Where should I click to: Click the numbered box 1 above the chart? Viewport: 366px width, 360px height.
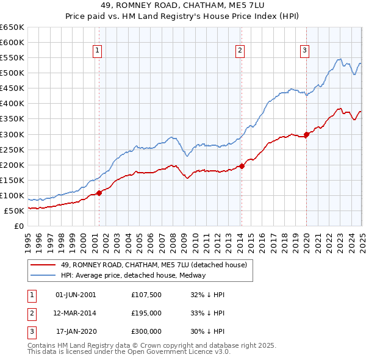click(x=98, y=51)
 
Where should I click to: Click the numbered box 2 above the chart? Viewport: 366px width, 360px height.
click(x=240, y=51)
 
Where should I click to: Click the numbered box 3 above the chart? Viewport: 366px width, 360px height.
click(x=304, y=51)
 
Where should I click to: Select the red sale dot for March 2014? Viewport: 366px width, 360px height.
click(x=242, y=165)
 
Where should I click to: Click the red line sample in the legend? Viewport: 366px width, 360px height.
click(x=44, y=265)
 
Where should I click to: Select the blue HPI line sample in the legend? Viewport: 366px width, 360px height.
click(x=44, y=275)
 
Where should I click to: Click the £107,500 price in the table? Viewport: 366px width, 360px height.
click(x=146, y=295)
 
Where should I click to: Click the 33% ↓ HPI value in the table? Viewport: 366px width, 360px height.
click(x=207, y=313)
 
